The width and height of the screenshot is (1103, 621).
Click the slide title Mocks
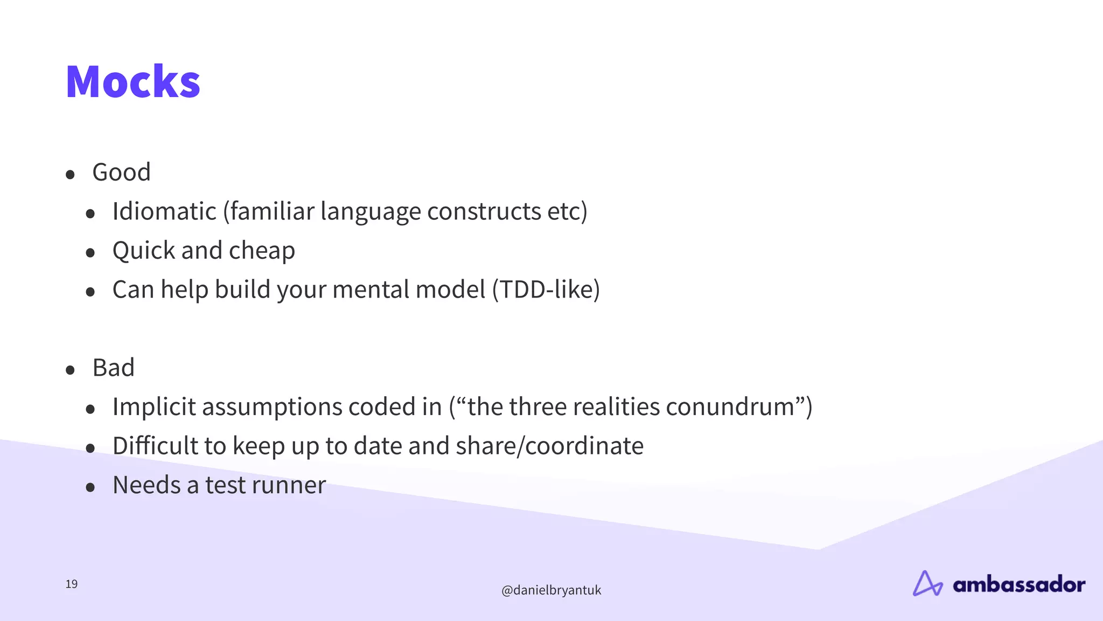coord(132,82)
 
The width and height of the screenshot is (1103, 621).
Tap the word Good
coord(121,172)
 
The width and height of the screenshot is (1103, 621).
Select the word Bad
coord(113,368)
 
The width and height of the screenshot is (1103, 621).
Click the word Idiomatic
coord(164,211)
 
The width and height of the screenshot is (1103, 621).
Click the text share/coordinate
coord(549,446)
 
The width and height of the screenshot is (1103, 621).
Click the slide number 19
coord(72,584)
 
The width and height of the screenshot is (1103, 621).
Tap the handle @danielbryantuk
coord(551,590)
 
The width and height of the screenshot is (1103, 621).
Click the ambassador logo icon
coord(927,584)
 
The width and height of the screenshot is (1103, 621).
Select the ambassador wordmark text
coord(1018,585)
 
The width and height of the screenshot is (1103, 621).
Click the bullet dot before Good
coord(70,175)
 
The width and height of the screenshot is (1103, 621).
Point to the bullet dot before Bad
coord(70,370)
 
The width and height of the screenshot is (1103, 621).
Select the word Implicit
coord(154,407)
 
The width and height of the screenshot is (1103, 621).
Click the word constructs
coord(484,211)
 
